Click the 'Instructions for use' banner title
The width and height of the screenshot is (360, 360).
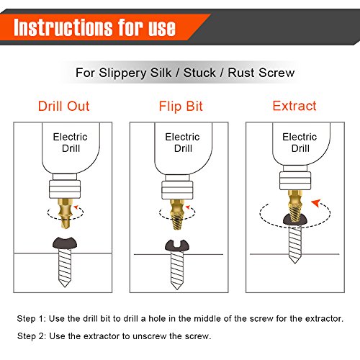[x=94, y=27]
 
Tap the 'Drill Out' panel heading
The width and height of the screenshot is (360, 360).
[x=64, y=106]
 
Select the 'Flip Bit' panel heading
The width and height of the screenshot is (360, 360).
[x=181, y=107]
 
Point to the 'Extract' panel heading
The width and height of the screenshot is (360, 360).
[x=294, y=106]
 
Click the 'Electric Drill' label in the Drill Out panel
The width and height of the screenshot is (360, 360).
[x=71, y=143]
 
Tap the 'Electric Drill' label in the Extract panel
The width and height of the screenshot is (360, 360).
[x=300, y=143]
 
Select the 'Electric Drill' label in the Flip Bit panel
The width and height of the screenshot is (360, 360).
[x=182, y=143]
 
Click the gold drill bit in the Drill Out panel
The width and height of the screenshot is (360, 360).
[x=65, y=214]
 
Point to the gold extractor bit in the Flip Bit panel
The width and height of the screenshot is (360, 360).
[x=177, y=215]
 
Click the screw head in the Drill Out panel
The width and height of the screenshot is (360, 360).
[x=65, y=243]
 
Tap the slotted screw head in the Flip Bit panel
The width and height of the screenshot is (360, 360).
[x=177, y=246]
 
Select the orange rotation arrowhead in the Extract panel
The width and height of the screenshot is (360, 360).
[x=316, y=203]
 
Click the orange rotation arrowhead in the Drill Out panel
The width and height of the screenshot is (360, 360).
[x=76, y=207]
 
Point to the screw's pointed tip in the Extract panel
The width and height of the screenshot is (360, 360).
[x=294, y=264]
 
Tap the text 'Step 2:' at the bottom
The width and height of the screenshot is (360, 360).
[x=32, y=336]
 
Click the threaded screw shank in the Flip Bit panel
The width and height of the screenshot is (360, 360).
[x=177, y=270]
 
